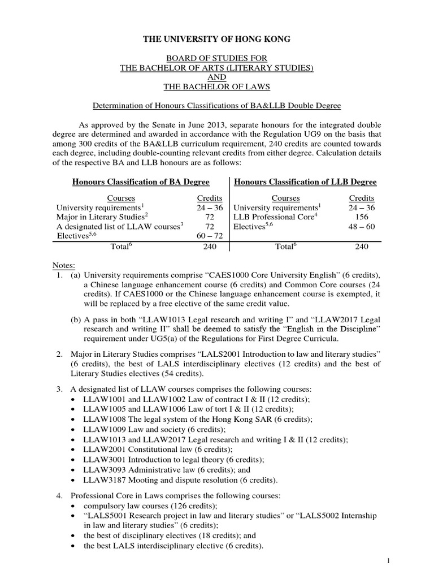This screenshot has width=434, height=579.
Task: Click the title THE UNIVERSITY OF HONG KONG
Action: [218, 38]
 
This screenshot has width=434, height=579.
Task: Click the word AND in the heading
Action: [218, 78]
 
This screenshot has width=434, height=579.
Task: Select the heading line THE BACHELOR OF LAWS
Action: [218, 88]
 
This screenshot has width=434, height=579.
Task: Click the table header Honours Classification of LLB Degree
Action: [305, 182]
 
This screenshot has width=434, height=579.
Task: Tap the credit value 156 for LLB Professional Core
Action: [362, 216]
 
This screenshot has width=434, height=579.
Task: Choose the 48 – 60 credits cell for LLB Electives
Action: [362, 226]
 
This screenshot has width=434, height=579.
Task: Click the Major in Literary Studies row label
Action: [102, 216]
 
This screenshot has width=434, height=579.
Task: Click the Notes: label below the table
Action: [67, 266]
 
